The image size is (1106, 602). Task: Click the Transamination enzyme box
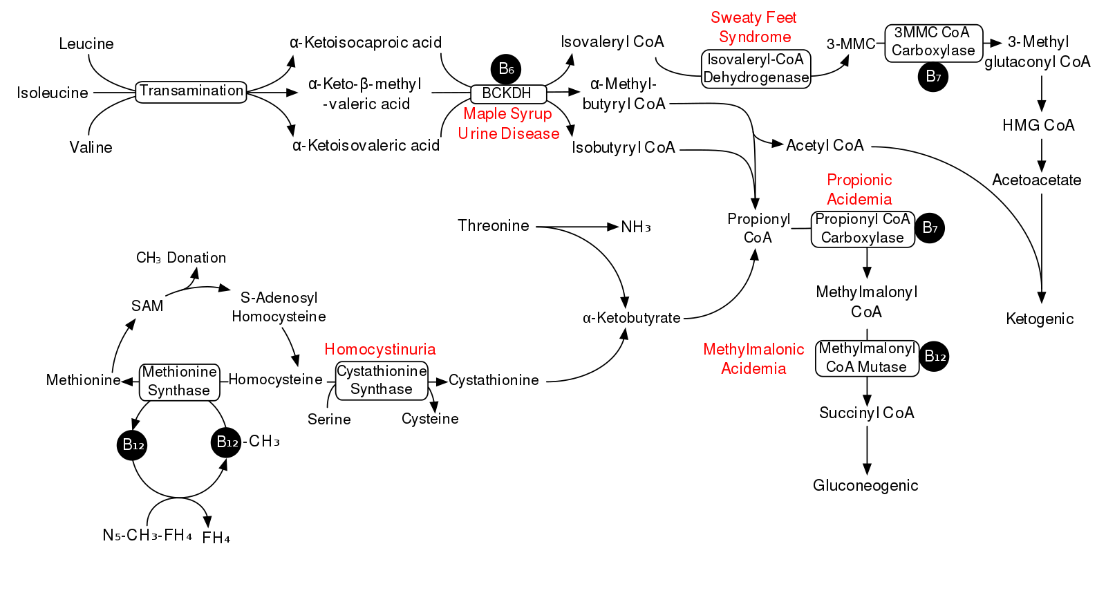pos(191,91)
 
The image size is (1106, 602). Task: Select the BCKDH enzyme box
pos(508,93)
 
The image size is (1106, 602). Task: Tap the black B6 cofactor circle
pos(505,68)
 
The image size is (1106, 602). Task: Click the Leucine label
pos(86,44)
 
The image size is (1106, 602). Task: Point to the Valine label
pos(91,147)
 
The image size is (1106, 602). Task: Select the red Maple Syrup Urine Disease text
pos(508,124)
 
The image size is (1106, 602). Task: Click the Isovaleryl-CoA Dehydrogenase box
pos(756,68)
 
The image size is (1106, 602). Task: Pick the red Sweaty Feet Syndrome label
pos(754,28)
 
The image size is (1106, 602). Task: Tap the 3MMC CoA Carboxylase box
pos(933,42)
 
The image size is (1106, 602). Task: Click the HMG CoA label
pos(1038,125)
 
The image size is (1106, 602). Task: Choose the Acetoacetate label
pos(1036,180)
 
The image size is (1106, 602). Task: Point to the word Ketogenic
pos(1040,319)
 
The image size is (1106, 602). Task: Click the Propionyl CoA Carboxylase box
pos(863,229)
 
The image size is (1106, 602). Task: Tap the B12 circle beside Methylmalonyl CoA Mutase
pos(935,357)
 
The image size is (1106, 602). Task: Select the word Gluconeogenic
pos(865,485)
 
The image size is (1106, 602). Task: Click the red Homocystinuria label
pos(380,349)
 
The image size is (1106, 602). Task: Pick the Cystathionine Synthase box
pos(382,380)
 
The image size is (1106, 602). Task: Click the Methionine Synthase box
pos(179,382)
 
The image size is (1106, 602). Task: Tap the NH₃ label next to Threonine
pos(635,227)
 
